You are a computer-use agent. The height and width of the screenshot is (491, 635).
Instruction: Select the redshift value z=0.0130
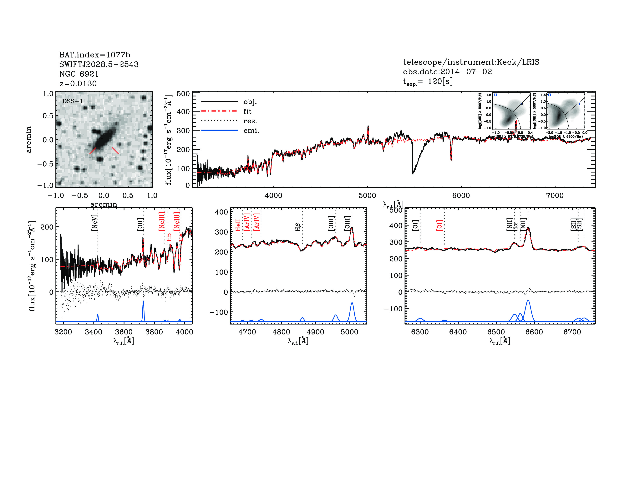(x=78, y=84)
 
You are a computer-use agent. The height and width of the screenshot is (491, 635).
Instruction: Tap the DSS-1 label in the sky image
(x=73, y=101)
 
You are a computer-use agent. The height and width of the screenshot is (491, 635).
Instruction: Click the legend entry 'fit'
(x=247, y=111)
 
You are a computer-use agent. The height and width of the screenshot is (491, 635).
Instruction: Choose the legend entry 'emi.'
(x=251, y=131)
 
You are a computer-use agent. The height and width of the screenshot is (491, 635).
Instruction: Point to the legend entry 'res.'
(x=250, y=121)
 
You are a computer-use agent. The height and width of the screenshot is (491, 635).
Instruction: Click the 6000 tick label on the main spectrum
(x=461, y=195)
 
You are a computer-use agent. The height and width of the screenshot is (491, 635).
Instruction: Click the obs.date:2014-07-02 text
(x=447, y=72)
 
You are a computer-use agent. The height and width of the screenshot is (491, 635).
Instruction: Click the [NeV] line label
(x=94, y=223)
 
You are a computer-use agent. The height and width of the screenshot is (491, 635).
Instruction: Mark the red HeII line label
(x=238, y=225)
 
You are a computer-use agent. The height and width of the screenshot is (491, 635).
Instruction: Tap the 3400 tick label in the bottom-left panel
(x=93, y=332)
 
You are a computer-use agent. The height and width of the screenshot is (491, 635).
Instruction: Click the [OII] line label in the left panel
(x=140, y=224)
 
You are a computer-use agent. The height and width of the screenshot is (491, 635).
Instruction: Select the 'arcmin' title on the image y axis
(x=28, y=139)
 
